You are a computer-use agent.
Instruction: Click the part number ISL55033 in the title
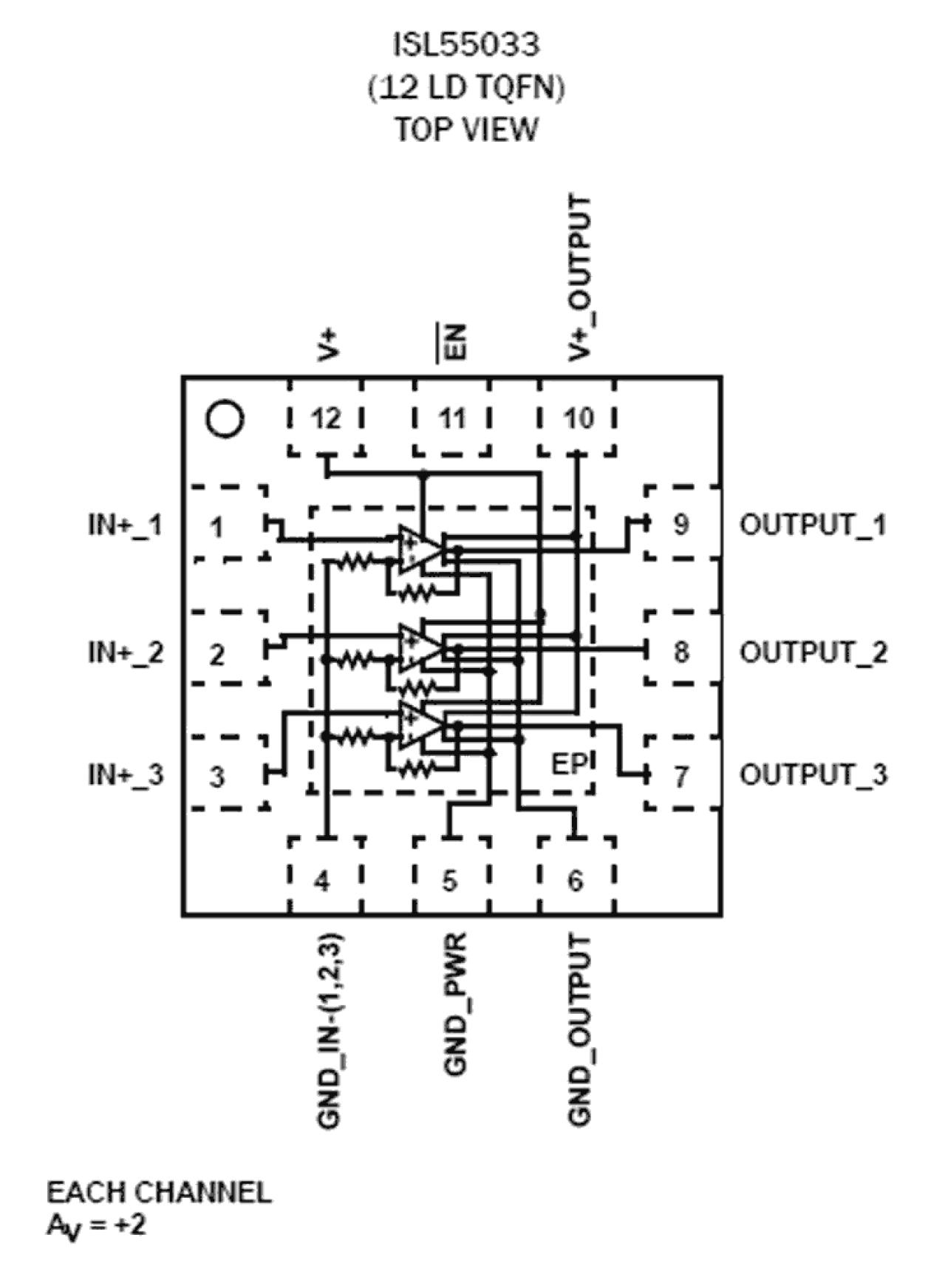[465, 46]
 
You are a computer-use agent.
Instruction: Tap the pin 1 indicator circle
[224, 419]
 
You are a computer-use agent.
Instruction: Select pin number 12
[326, 419]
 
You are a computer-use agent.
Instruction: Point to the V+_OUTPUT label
[580, 278]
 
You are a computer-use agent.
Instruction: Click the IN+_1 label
[125, 526]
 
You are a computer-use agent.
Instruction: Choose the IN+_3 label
[126, 775]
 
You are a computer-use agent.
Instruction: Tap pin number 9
[681, 524]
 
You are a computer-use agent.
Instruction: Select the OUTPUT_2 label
[813, 653]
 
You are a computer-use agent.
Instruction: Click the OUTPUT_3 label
[813, 775]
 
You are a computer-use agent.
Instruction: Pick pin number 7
[681, 777]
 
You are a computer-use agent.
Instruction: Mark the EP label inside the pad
[570, 764]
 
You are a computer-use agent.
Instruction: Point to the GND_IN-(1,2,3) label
[330, 1032]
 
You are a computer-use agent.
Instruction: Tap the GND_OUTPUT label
[580, 1030]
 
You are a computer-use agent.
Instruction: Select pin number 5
[450, 881]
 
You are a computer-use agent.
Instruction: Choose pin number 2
[216, 655]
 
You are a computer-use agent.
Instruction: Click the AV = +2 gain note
[96, 1225]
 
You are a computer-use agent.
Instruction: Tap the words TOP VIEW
[465, 129]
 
